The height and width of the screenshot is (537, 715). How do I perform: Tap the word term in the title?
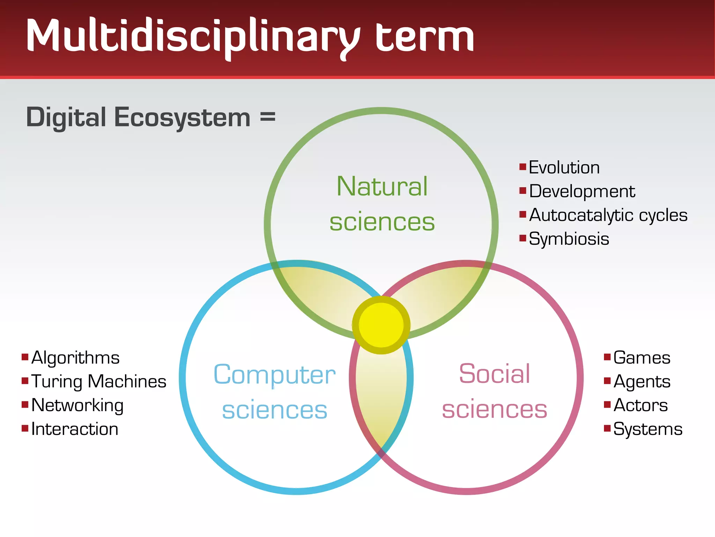click(424, 37)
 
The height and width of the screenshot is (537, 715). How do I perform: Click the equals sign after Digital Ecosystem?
click(267, 117)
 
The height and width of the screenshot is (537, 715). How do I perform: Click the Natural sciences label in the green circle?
click(382, 204)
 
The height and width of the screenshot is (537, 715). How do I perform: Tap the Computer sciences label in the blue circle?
click(274, 392)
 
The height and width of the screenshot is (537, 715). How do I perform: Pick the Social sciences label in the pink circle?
click(494, 391)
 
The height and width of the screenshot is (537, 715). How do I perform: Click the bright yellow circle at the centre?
click(381, 325)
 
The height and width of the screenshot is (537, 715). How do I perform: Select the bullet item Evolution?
click(564, 167)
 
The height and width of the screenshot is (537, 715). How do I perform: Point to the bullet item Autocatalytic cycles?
click(608, 215)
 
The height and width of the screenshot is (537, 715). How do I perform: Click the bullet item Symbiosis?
click(569, 239)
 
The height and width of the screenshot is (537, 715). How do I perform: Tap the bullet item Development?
click(582, 192)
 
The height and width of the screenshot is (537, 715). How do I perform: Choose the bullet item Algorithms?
click(75, 358)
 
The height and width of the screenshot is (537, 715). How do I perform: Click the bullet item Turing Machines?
click(99, 381)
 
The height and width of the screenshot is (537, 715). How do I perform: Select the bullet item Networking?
click(78, 406)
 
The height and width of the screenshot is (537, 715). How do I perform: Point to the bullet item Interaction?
click(75, 429)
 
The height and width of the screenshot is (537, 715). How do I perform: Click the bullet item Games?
click(642, 358)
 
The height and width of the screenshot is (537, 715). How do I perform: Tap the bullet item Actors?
click(640, 406)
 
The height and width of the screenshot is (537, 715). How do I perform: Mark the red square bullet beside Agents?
click(607, 380)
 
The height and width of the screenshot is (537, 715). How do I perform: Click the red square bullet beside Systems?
click(607, 428)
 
